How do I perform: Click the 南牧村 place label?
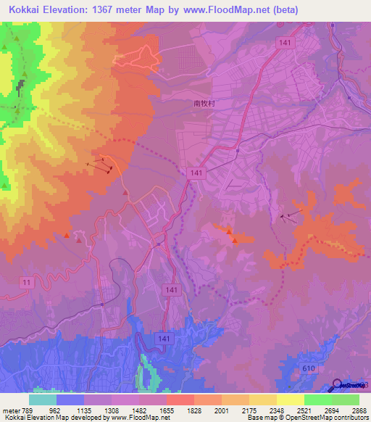coord(205,104)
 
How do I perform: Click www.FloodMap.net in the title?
coord(225,9)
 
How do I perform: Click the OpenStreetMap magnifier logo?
coord(339,385)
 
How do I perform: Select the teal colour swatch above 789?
coord(42,399)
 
